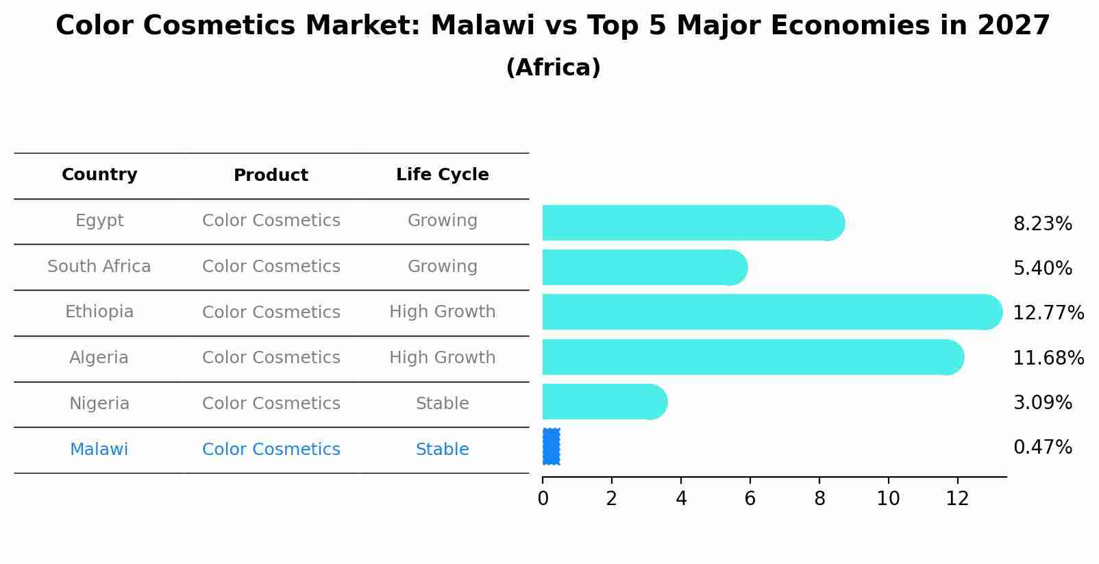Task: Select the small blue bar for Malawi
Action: pyautogui.click(x=551, y=447)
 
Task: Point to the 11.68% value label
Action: pyautogui.click(x=1048, y=358)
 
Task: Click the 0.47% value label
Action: pyautogui.click(x=1042, y=447)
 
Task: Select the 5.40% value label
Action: pyautogui.click(x=1042, y=268)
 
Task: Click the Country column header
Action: pyautogui.click(x=99, y=175)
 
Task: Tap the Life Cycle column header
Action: pyautogui.click(x=442, y=175)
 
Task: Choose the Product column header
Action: pyautogui.click(x=271, y=175)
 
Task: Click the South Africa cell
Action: pyautogui.click(x=99, y=267)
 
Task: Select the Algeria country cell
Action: pyautogui.click(x=99, y=358)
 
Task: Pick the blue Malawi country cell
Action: pyautogui.click(x=99, y=450)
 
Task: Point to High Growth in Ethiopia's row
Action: pyautogui.click(x=442, y=312)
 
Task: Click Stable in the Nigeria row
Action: pyautogui.click(x=442, y=404)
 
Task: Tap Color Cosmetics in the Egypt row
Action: pyautogui.click(x=271, y=221)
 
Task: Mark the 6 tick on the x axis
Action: pyautogui.click(x=750, y=498)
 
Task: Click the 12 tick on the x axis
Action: pyautogui.click(x=957, y=498)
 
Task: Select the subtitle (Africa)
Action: pyautogui.click(x=553, y=68)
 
